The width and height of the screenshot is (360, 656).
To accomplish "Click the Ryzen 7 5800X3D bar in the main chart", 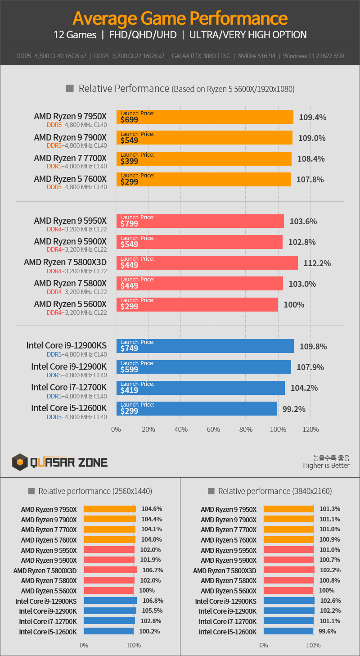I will [x=207, y=262].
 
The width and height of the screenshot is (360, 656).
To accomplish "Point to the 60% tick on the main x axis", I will [x=213, y=430].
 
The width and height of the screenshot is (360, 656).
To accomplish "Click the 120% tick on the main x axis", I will [x=310, y=430].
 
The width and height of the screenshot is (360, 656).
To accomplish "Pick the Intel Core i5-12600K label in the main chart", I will [x=69, y=408].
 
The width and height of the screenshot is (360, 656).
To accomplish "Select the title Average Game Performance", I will [x=180, y=18].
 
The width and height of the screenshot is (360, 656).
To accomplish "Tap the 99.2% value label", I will [x=294, y=409].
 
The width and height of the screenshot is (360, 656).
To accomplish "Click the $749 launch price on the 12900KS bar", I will [x=130, y=348].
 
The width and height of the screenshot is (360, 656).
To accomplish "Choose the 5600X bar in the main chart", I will [x=197, y=304].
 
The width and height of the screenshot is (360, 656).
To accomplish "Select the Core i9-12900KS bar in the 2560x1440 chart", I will [x=110, y=601].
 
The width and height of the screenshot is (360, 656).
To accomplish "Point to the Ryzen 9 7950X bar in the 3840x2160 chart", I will [x=288, y=509].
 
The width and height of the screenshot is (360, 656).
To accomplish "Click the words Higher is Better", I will [x=326, y=466].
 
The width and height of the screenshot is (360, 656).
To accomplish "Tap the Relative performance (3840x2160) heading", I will [x=274, y=491].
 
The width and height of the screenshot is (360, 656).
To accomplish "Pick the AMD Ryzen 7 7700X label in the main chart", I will [x=70, y=158].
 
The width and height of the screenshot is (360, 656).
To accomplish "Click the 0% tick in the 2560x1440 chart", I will [x=84, y=645].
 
